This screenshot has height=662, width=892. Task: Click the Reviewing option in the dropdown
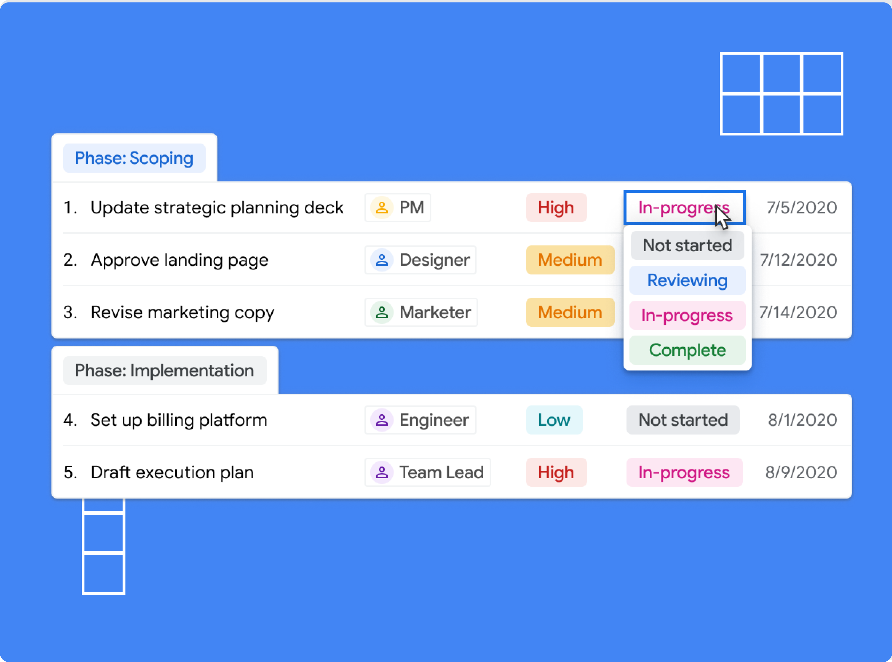tap(687, 280)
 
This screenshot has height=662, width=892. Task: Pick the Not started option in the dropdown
tap(687, 245)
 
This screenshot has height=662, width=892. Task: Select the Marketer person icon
tap(382, 312)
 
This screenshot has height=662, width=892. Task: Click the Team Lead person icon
tap(382, 472)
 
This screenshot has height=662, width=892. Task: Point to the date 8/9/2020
tap(801, 472)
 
